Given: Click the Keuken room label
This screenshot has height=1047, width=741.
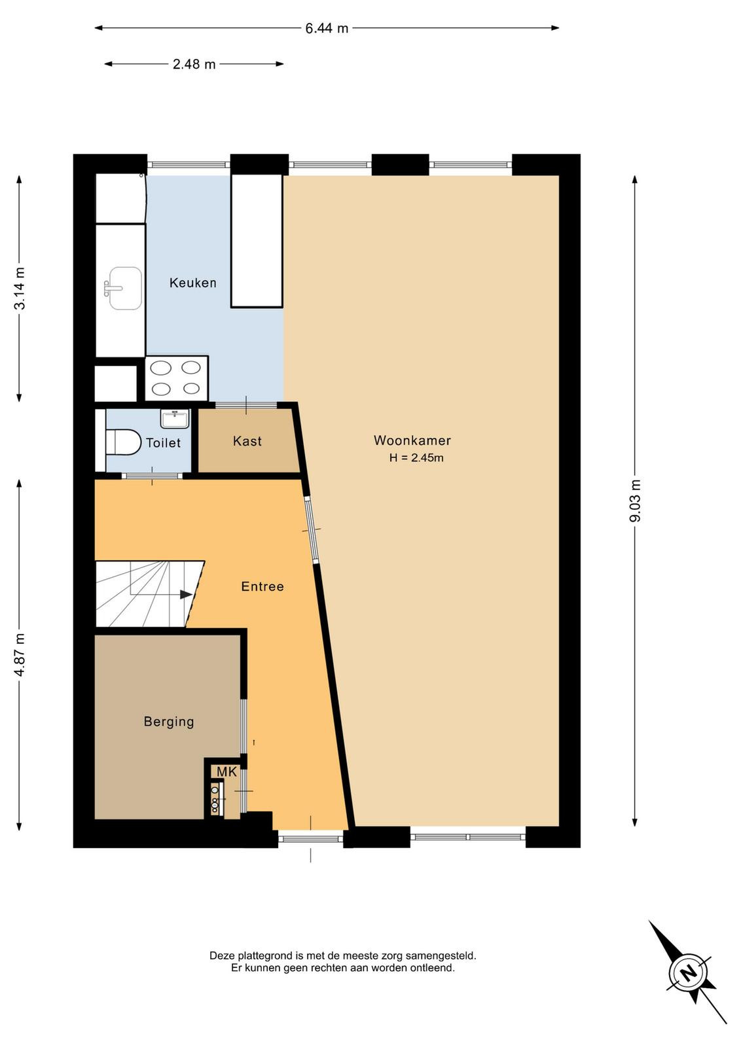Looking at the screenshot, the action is (192, 283).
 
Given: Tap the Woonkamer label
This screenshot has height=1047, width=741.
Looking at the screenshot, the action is (412, 440).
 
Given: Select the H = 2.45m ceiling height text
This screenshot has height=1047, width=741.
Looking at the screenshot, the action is (416, 458).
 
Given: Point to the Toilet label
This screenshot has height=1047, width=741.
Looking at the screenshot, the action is (163, 442).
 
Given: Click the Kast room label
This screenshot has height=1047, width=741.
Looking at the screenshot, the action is (247, 441).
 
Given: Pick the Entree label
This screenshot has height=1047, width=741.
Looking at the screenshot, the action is (262, 586).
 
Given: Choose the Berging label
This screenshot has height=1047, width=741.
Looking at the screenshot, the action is (169, 722).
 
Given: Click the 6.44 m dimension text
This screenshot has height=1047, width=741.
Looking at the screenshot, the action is (327, 29).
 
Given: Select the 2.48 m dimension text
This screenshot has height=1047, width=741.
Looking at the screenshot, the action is (194, 64).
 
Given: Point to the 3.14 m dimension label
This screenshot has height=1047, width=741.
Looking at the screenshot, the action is (20, 289).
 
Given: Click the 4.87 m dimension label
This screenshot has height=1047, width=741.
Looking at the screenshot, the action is (20, 655).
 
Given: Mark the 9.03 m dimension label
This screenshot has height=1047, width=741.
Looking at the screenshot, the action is (636, 501).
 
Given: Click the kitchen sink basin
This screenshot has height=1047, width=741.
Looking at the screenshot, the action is (125, 289).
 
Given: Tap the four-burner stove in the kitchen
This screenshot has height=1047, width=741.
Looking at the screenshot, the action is (177, 378).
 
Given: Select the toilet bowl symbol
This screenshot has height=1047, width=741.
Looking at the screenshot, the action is (124, 442).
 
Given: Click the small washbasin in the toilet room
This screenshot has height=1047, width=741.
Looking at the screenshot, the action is (175, 419).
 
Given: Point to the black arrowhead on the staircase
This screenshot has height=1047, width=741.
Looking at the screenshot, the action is (186, 595).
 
